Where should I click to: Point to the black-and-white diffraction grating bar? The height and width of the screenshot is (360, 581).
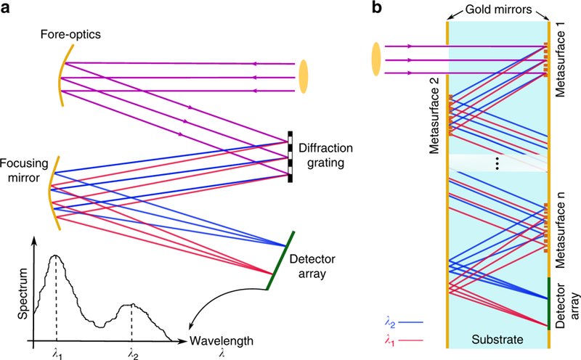(290, 157)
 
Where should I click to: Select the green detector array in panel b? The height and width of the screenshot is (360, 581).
(549, 303)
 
